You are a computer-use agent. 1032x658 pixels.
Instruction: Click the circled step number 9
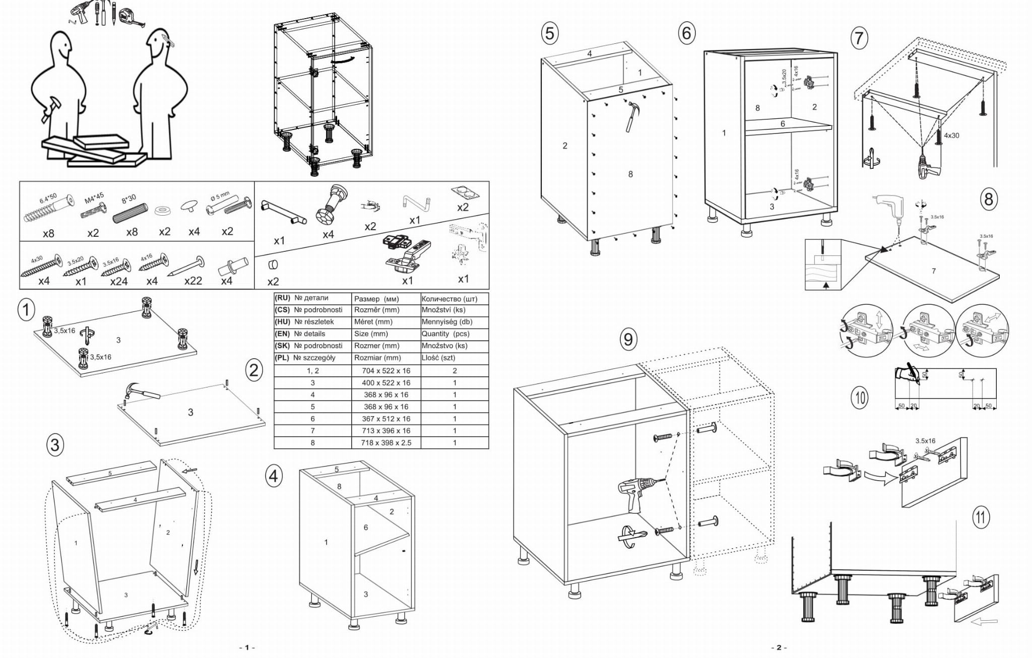pyautogui.click(x=627, y=339)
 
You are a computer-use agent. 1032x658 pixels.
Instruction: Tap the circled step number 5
pyautogui.click(x=550, y=33)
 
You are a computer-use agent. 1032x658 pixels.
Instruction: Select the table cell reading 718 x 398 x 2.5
pyautogui.click(x=386, y=443)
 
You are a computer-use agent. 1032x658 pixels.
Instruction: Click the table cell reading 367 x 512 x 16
pyautogui.click(x=386, y=419)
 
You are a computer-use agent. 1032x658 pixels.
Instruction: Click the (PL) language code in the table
pyautogui.click(x=283, y=358)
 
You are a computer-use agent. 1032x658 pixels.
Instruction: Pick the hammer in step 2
pyautogui.click(x=142, y=391)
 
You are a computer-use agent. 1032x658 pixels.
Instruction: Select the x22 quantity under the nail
pyautogui.click(x=193, y=281)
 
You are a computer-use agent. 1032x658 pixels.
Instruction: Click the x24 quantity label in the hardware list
pyautogui.click(x=119, y=281)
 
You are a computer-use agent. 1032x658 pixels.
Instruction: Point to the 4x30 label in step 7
pyautogui.click(x=951, y=136)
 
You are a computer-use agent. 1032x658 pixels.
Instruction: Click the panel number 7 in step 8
pyautogui.click(x=934, y=271)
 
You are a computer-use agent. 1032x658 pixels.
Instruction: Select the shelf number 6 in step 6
pyautogui.click(x=783, y=123)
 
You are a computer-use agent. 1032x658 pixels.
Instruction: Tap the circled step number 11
pyautogui.click(x=981, y=517)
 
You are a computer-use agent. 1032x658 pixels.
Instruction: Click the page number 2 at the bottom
pyautogui.click(x=779, y=647)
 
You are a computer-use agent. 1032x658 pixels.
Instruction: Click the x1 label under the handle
pyautogui.click(x=279, y=241)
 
